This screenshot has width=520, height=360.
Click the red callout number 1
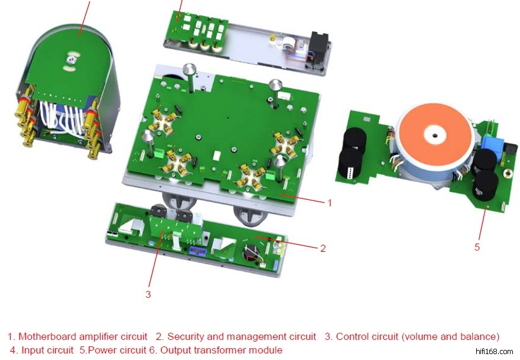[330, 202]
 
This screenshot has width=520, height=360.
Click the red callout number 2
[323, 248]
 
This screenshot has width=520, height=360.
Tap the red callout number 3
[148, 294]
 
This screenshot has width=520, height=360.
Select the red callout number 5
[477, 247]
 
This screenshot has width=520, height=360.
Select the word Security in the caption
[186, 336]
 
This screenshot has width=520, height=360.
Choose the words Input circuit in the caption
[47, 350]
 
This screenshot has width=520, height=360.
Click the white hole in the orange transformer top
[435, 136]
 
